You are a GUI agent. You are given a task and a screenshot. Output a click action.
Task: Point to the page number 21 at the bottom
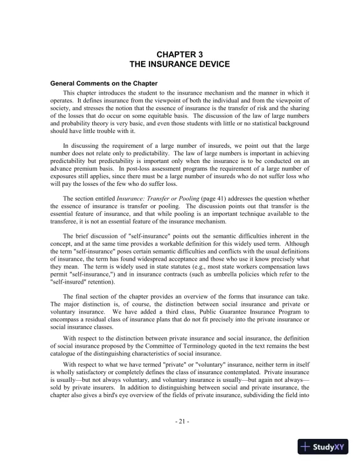(x=181, y=421)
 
